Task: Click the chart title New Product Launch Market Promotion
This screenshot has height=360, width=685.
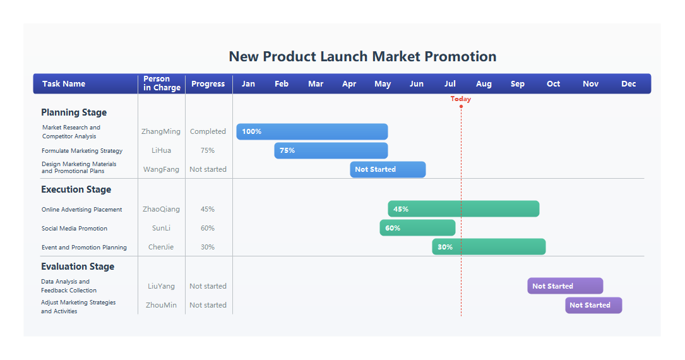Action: click(362, 56)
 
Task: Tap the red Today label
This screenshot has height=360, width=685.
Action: click(461, 99)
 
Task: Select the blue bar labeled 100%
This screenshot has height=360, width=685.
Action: click(312, 131)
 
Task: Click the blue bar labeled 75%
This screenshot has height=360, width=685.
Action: click(331, 150)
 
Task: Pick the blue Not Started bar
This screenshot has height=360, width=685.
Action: click(388, 169)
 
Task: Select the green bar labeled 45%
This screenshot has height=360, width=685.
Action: click(463, 209)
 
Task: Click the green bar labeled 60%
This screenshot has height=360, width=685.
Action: click(417, 228)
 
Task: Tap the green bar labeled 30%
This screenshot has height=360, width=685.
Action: click(489, 247)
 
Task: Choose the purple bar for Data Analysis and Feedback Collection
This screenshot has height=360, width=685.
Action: click(565, 286)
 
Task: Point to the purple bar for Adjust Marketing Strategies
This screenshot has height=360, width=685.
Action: click(593, 305)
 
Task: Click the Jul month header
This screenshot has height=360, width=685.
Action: click(450, 84)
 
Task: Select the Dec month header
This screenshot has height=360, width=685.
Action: click(628, 84)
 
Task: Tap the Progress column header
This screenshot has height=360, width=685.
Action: click(208, 84)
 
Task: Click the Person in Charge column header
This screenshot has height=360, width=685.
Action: click(162, 83)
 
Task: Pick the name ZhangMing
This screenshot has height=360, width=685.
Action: click(161, 131)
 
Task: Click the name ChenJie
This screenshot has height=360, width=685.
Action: click(161, 247)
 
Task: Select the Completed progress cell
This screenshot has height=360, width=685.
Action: click(208, 131)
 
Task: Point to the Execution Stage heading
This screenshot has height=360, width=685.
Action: click(76, 189)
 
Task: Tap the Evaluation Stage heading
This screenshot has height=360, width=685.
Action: click(78, 267)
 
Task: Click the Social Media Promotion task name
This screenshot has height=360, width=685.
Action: click(74, 229)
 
